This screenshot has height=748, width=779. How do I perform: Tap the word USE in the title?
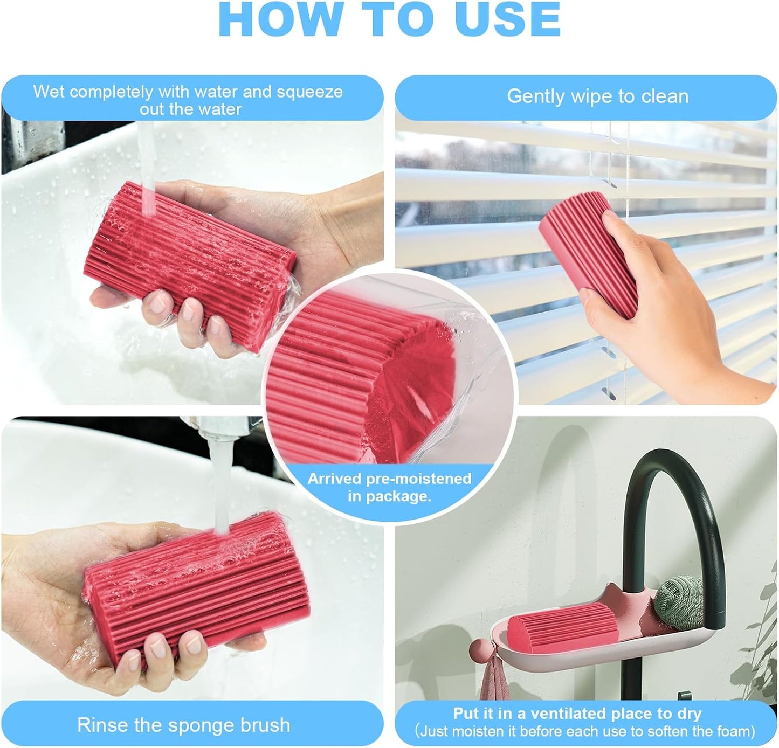507,19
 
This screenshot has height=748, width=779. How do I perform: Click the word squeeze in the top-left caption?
309,92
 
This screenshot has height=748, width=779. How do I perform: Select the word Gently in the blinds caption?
536,96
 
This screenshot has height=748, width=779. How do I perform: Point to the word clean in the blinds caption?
664,96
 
